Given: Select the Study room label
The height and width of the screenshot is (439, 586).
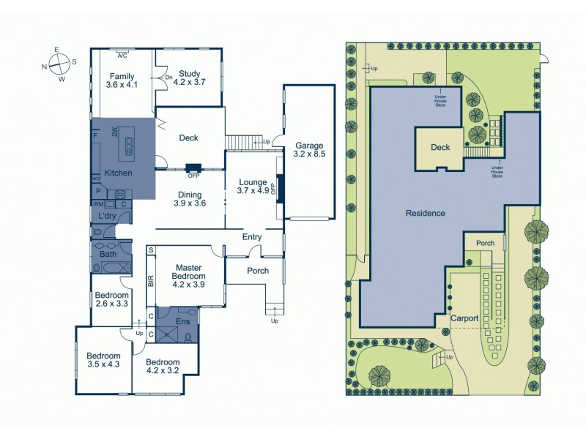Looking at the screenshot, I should pos(189,74).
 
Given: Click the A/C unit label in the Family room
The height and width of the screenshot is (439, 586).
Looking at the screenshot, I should pos(122,55).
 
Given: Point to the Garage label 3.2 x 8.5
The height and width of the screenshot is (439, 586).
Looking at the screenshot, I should pos(309,150).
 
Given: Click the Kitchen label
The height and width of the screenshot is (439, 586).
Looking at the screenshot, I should pos(117,173).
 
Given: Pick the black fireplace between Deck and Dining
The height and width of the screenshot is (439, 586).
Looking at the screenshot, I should pos(194,167).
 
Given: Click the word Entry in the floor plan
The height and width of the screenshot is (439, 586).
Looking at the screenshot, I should pos(252,237).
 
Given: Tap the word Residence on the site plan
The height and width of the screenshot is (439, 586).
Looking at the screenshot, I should pos(426,214).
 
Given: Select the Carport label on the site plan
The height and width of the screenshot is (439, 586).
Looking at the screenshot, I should pos(465,318).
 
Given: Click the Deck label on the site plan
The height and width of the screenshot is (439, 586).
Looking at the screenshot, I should pos(440,148).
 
